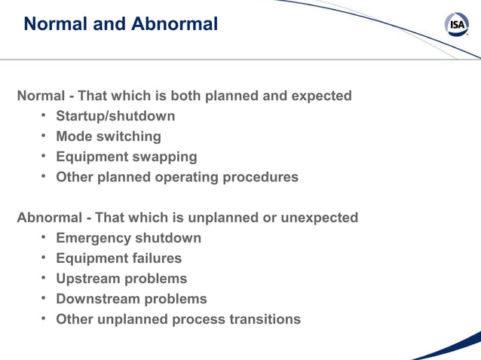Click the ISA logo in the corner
click(457, 25)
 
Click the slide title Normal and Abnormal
click(121, 24)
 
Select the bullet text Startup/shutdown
click(115, 116)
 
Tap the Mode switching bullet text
click(109, 136)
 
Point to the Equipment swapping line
click(127, 157)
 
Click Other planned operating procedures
click(177, 177)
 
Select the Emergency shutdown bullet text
click(129, 238)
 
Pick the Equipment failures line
click(119, 258)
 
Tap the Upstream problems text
click(121, 279)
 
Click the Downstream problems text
click(131, 299)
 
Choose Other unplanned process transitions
click(178, 319)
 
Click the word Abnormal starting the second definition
click(50, 218)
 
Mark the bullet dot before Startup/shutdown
click(44, 115)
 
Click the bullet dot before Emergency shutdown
click(44, 237)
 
